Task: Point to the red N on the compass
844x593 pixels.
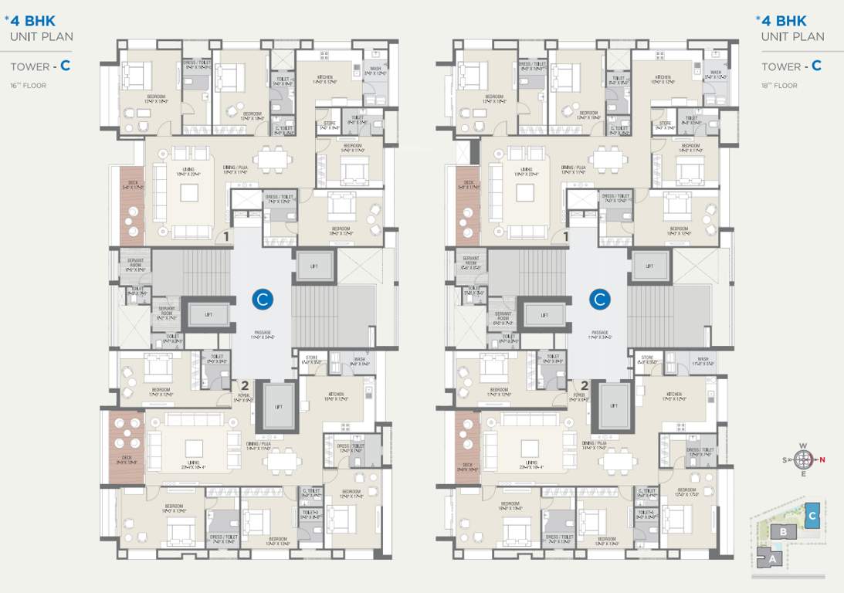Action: [822, 461]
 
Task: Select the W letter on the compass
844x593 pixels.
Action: [804, 446]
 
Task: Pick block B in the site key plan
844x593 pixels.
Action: [784, 532]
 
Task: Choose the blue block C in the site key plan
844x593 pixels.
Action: [812, 515]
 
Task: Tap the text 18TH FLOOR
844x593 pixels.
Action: [779, 85]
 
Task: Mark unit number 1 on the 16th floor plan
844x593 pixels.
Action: [227, 237]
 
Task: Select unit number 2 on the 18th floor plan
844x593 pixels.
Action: [585, 385]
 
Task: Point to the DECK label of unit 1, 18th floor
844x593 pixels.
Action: [467, 184]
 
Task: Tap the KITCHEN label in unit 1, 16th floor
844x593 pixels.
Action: [324, 78]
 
